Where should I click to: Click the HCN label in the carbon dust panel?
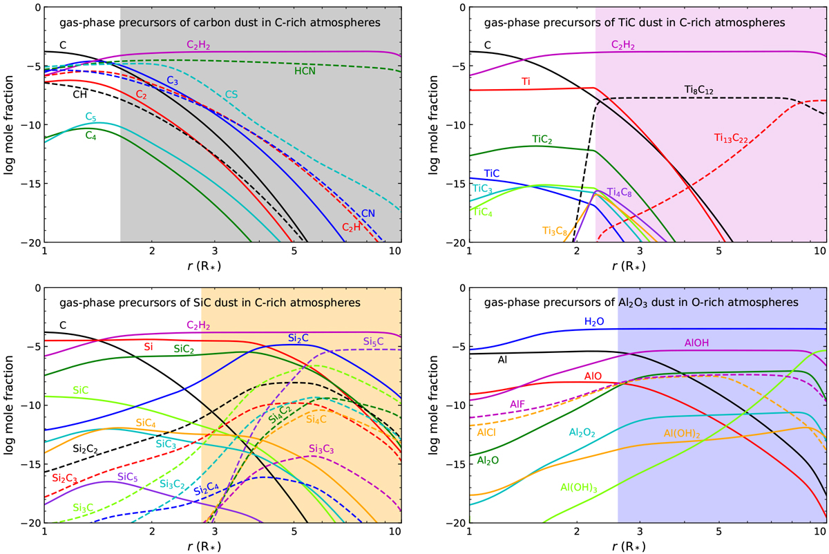coord(304,71)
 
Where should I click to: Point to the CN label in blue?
coord(368,213)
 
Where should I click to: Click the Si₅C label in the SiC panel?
coord(374,341)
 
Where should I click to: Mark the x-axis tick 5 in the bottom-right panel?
coord(719,533)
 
